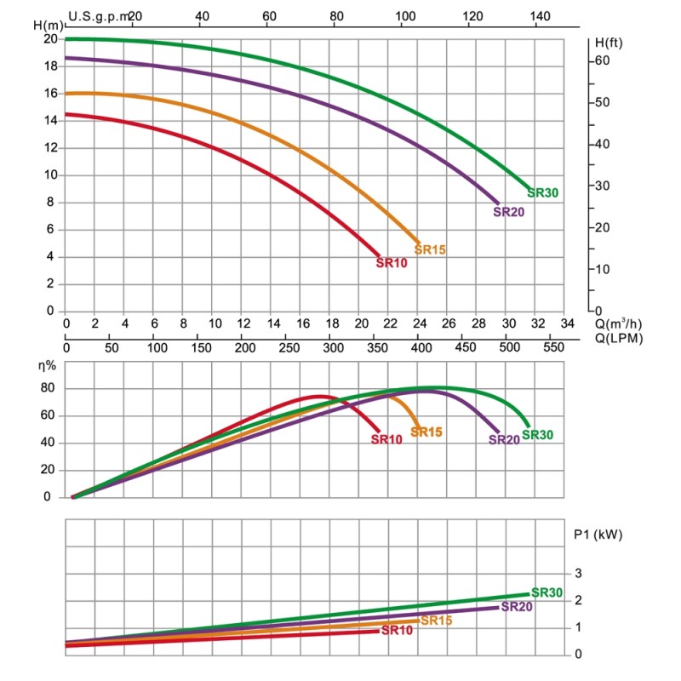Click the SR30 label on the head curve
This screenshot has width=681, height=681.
point(543,193)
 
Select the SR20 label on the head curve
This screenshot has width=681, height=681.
point(508,212)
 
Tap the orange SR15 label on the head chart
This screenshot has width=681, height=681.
point(430,249)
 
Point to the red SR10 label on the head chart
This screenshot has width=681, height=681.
point(392,263)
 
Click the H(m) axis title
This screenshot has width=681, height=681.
point(49,24)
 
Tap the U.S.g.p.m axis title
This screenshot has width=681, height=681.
point(100,16)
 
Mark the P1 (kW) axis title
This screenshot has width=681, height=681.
point(598,535)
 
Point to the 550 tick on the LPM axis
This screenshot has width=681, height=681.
point(552,348)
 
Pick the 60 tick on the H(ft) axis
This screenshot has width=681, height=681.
point(602,60)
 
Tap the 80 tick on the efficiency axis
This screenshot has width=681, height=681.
point(48,389)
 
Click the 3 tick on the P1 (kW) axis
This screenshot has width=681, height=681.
point(578,573)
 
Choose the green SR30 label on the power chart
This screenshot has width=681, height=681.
point(547,592)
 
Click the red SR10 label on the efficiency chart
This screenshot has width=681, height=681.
point(386,439)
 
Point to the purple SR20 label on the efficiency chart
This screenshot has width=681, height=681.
point(504,440)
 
